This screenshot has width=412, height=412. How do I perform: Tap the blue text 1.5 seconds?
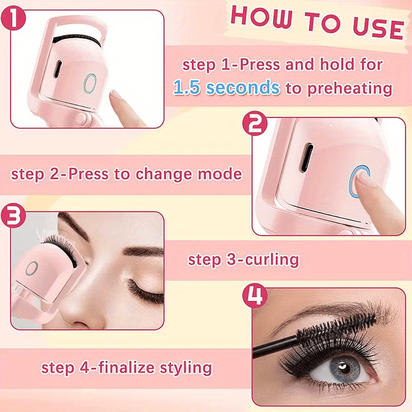(227, 87)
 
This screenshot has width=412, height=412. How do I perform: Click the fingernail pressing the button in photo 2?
(365, 180)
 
